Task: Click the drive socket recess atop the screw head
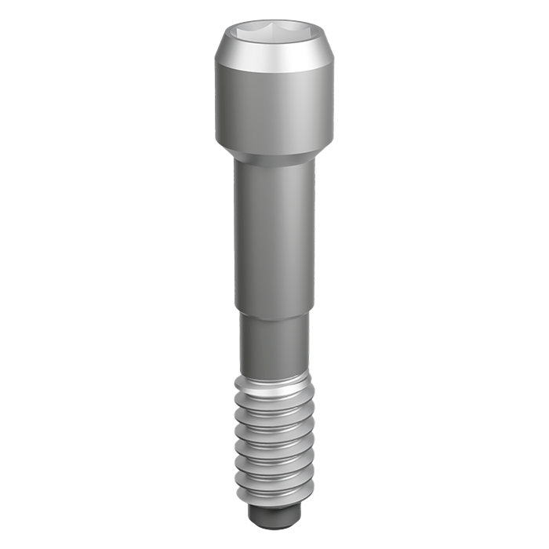(274, 36)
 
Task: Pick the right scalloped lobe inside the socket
(296, 36)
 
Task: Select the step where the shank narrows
(274, 311)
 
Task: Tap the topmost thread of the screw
(274, 386)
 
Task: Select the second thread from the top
(274, 407)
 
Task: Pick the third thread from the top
(274, 427)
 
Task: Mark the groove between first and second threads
(274, 397)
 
